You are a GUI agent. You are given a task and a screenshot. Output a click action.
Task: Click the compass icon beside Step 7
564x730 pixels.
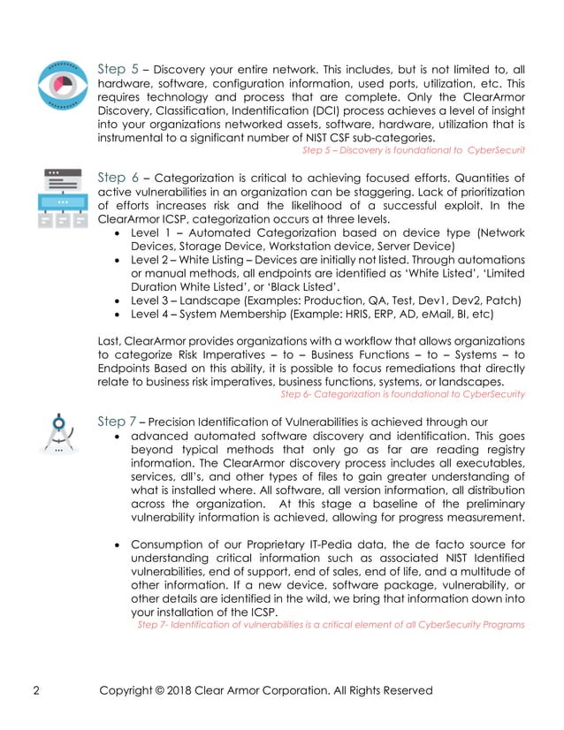tap(57, 437)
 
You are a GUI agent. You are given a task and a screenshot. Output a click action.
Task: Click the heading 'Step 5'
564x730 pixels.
tap(118, 66)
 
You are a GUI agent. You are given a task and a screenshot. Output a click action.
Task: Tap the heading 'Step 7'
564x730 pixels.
tap(117, 422)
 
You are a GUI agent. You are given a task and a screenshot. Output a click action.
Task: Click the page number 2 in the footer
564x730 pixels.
tap(35, 689)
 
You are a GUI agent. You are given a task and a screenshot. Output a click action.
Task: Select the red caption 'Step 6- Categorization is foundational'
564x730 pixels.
tap(402, 394)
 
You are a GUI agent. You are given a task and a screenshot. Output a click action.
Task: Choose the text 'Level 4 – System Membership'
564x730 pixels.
tap(210, 313)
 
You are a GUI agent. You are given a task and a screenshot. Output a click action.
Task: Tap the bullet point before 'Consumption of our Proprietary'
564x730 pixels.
tap(120, 544)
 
